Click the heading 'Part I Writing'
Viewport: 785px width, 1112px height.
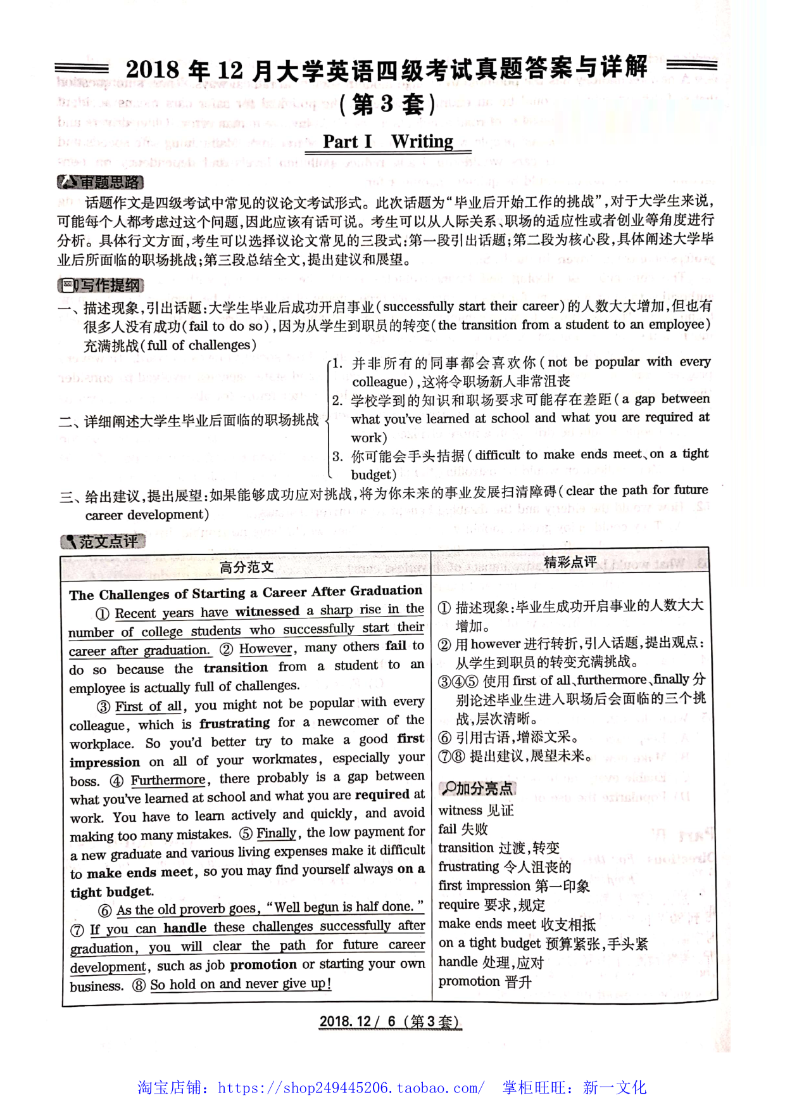pyautogui.click(x=388, y=141)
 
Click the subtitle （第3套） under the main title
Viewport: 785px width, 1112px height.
pyautogui.click(x=387, y=105)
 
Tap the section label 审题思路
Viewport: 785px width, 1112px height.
pyautogui.click(x=101, y=182)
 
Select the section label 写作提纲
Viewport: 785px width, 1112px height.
pyautogui.click(x=101, y=286)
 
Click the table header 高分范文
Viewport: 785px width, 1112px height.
pyautogui.click(x=246, y=567)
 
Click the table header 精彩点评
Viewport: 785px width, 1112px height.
pyautogui.click(x=570, y=562)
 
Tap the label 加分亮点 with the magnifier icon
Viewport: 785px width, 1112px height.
pyautogui.click(x=477, y=788)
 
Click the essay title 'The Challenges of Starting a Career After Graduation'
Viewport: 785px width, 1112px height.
pyautogui.click(x=246, y=593)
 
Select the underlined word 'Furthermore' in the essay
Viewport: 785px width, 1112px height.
pyautogui.click(x=168, y=780)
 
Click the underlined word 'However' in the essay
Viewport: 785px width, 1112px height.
pyautogui.click(x=266, y=649)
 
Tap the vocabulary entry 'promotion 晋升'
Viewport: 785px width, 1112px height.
pyautogui.click(x=485, y=981)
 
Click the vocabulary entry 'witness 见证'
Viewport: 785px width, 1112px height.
pyautogui.click(x=475, y=810)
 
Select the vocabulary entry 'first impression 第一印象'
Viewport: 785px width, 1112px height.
pyautogui.click(x=513, y=886)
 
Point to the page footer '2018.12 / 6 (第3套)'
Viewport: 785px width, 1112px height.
pyautogui.click(x=390, y=1021)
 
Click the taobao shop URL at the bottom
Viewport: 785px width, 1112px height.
pyautogui.click(x=351, y=1088)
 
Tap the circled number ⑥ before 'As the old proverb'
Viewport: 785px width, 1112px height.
pyautogui.click(x=105, y=911)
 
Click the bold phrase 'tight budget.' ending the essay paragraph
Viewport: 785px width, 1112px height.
pyautogui.click(x=112, y=892)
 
